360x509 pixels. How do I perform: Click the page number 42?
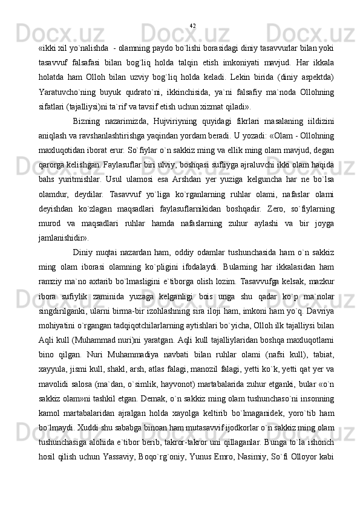[x=192, y=25]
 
